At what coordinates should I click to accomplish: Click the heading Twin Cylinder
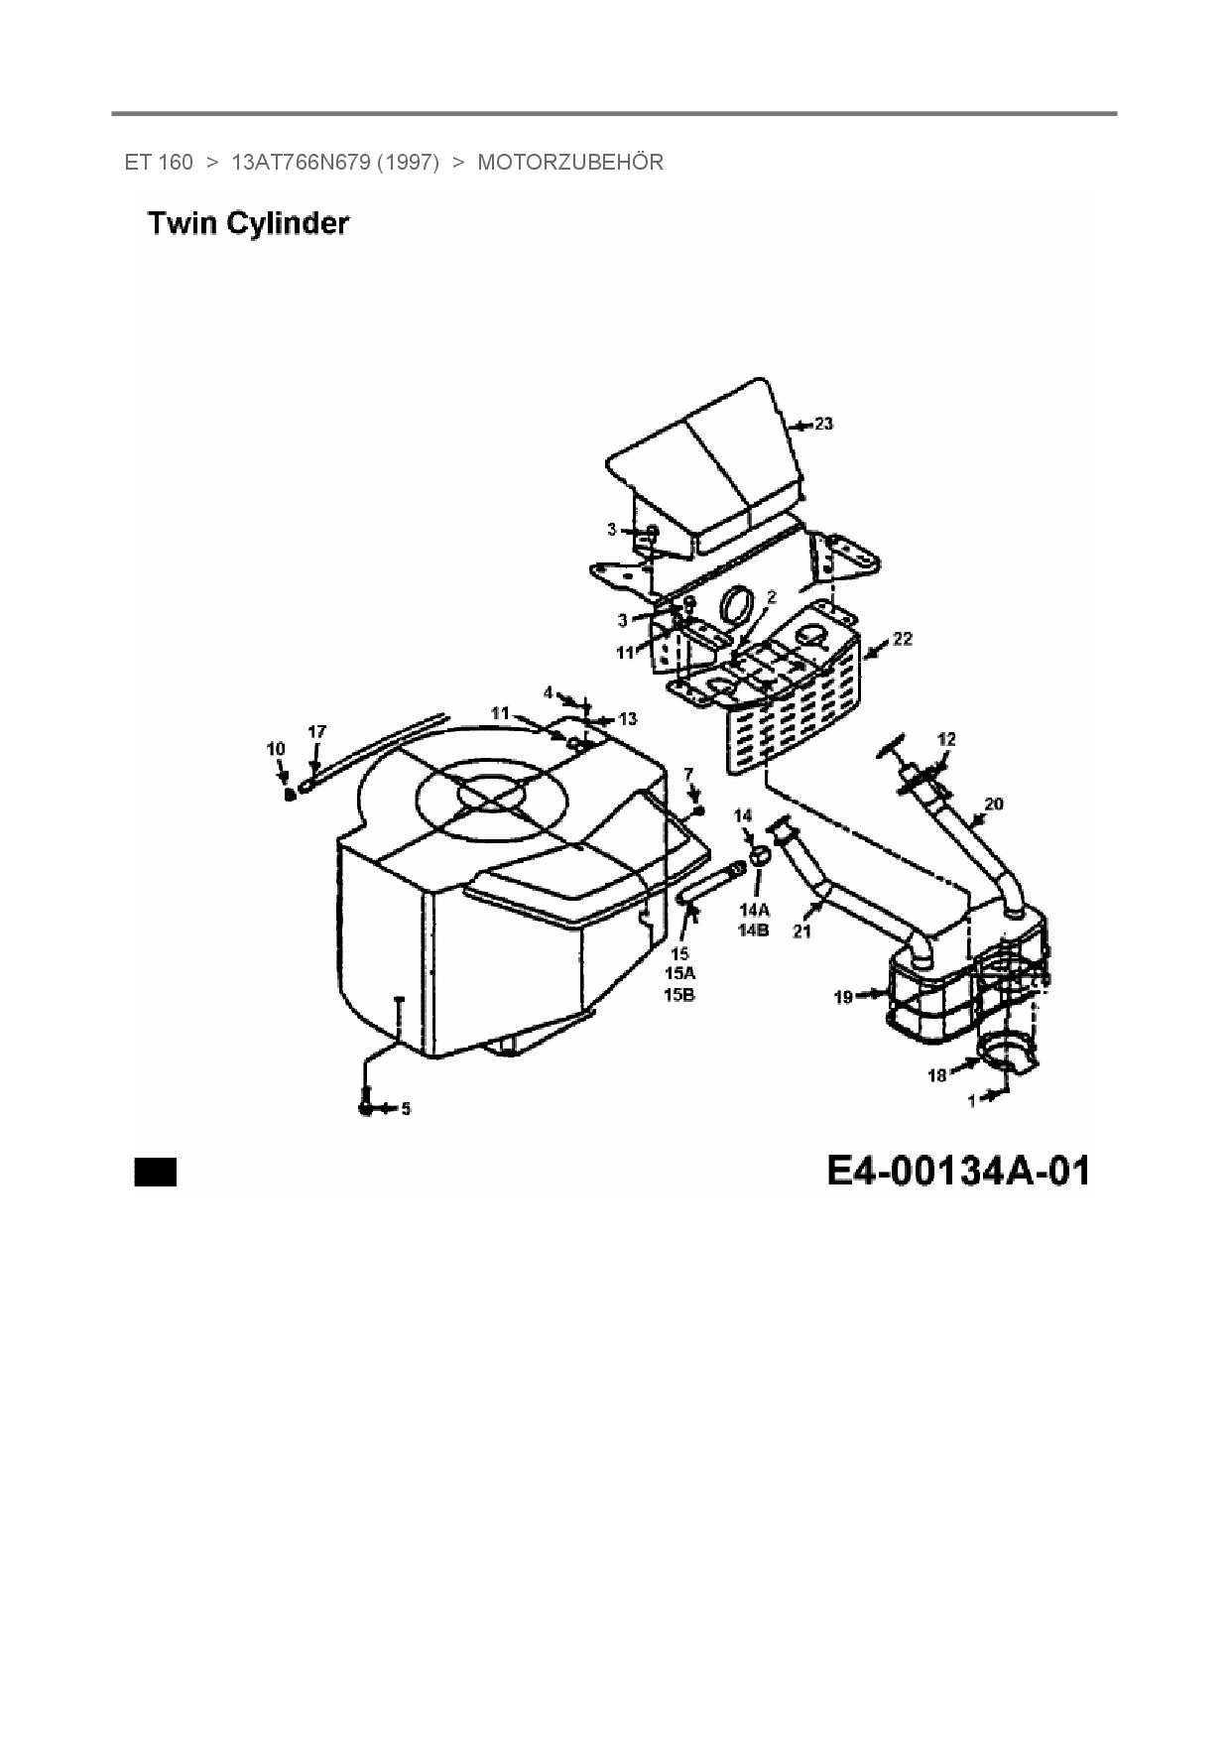248,224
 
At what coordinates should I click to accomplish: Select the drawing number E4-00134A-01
958,1171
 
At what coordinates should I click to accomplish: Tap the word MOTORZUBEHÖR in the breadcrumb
570,163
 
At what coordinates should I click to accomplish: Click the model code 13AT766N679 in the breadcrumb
302,163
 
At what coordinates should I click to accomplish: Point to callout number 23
823,425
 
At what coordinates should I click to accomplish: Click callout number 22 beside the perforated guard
902,640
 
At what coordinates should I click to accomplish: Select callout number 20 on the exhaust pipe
993,804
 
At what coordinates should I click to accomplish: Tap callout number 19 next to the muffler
843,997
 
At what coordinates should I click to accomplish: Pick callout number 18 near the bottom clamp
936,1075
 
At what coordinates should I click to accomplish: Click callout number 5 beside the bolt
405,1109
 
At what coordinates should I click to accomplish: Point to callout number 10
276,749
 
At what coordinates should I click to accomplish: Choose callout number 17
316,732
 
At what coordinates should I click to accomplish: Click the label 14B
754,930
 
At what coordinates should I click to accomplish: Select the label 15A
679,973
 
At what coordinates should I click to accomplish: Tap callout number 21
801,931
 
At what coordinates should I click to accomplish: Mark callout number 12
946,739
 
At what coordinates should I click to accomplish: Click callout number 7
688,774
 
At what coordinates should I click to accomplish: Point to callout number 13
628,719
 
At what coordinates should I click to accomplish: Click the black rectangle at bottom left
156,1172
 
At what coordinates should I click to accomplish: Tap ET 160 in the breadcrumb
159,163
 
